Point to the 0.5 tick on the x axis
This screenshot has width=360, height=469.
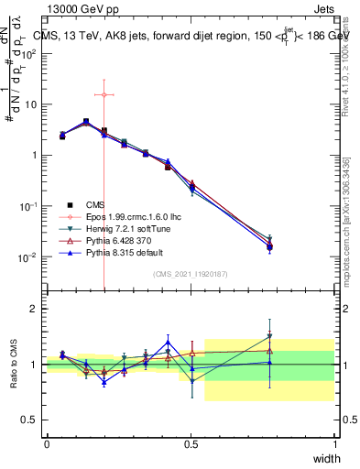click(191, 444)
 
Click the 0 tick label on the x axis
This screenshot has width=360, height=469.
click(48, 444)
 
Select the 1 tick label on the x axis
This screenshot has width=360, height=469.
click(334, 444)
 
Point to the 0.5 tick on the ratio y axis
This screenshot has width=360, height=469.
click(29, 420)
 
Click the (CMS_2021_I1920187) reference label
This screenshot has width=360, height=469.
click(191, 274)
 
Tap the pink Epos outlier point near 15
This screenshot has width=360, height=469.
click(104, 94)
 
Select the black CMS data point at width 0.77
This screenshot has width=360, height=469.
click(269, 246)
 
